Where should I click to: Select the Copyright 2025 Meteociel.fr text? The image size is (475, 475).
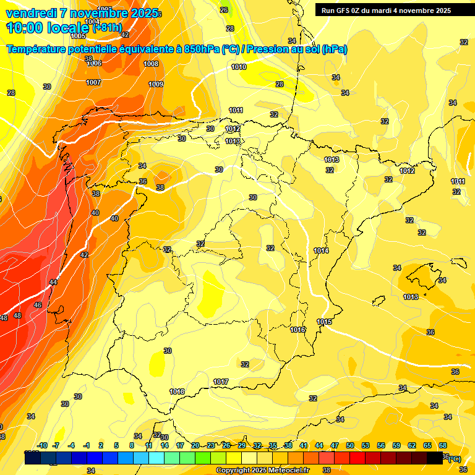tap(263, 471)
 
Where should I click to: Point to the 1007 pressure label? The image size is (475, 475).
tap(93, 82)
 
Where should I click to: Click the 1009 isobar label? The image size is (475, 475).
tap(156, 84)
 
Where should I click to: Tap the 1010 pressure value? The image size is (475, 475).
tap(239, 67)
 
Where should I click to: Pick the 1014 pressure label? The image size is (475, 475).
tap(321, 250)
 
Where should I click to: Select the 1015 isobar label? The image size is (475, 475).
tap(325, 322)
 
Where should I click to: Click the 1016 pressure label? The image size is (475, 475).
tap(298, 330)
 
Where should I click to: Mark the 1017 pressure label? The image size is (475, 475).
tap(221, 382)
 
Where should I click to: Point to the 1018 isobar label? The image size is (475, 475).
tap(177, 392)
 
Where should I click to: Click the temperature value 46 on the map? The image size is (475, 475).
tap(38, 305)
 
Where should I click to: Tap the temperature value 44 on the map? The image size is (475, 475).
tap(54, 282)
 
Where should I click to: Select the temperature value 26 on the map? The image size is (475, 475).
tap(224, 10)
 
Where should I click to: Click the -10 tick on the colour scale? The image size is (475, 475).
tap(43, 445)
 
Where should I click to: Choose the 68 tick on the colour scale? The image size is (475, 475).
tap(443, 445)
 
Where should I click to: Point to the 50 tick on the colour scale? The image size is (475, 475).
tap(350, 445)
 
